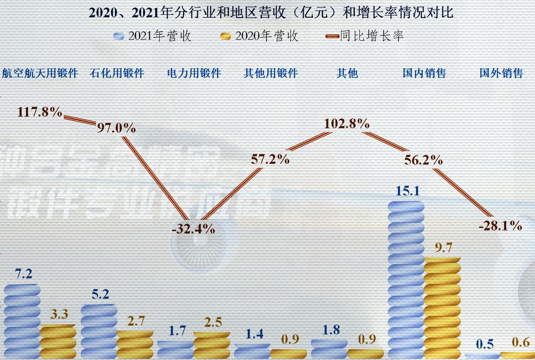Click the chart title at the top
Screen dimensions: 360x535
(x=271, y=12)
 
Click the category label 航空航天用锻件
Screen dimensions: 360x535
(x=40, y=73)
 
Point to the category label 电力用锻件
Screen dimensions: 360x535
(x=194, y=73)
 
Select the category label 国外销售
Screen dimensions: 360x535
(x=501, y=73)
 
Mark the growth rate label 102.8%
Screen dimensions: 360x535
(x=346, y=124)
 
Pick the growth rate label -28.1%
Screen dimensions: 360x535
(x=500, y=226)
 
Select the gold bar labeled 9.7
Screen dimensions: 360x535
(x=442, y=307)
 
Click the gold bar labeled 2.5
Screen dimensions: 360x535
(x=212, y=345)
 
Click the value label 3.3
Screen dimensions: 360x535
(x=59, y=314)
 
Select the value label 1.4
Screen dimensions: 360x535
(x=254, y=334)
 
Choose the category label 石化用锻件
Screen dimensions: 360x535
(x=117, y=73)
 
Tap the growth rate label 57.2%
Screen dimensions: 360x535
(x=270, y=159)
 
